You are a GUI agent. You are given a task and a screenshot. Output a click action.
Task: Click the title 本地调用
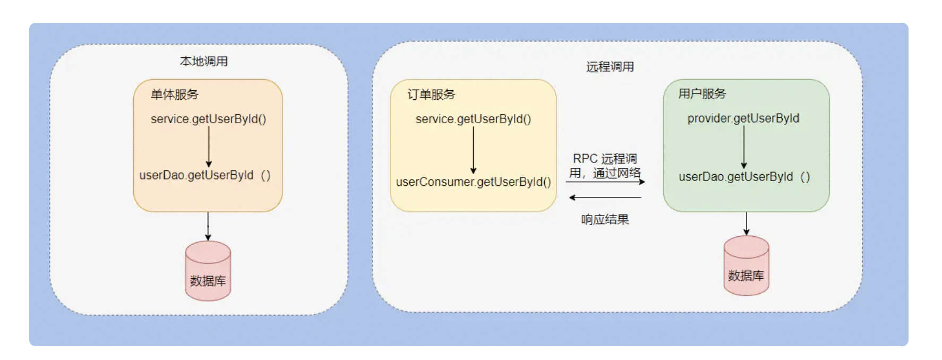coord(204,62)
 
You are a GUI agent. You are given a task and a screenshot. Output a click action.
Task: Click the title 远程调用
coord(610,67)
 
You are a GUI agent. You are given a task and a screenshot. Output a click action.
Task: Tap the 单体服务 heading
coord(175,95)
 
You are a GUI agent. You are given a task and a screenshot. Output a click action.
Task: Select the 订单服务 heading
coord(431,95)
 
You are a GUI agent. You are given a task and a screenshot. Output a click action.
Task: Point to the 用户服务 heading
coord(702,94)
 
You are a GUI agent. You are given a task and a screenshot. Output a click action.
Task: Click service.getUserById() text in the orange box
coord(208,119)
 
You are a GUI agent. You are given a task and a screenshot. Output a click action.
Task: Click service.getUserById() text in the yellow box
coord(473,119)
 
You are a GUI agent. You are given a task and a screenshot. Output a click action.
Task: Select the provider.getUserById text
coord(743,118)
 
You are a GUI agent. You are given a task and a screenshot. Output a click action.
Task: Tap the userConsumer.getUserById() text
coord(474,182)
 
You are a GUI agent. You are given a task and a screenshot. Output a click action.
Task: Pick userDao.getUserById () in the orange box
coord(205,175)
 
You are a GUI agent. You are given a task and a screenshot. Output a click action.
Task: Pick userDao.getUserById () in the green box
coord(744,177)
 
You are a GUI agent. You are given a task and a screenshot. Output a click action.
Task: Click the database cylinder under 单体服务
coord(208,271)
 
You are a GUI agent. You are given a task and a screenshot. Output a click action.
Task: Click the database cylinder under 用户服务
coord(747,265)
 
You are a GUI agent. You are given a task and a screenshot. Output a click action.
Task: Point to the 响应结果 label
coord(605,220)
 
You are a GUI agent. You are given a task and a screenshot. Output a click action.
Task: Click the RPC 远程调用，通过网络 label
coord(605,166)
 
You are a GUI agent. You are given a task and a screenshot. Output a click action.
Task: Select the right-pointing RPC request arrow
coord(605,182)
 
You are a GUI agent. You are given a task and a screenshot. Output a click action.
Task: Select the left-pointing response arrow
coord(605,198)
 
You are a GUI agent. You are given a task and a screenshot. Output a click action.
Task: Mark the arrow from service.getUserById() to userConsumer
coord(473,150)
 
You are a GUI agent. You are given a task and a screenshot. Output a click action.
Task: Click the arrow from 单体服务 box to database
coord(208,227)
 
